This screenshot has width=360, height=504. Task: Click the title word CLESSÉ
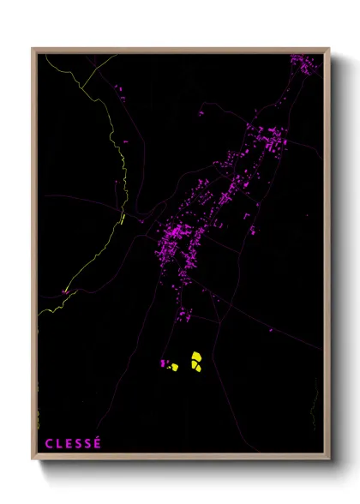(x=73, y=443)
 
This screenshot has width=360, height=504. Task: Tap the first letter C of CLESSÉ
(x=49, y=443)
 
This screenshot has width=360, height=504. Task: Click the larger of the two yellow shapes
(x=196, y=361)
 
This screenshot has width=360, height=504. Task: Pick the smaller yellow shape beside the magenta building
(x=172, y=367)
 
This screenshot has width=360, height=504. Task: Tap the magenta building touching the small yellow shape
(x=163, y=363)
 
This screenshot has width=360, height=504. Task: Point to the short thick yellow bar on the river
(x=123, y=218)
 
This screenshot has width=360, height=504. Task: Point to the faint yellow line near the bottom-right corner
(x=315, y=403)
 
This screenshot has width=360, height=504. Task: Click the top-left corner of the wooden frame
(x=33, y=49)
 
